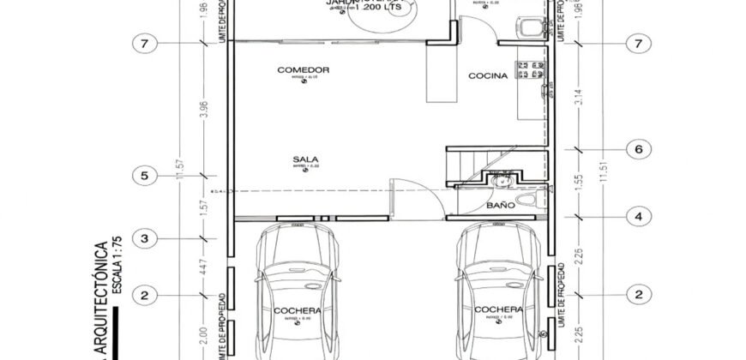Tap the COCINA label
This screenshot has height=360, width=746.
pos(487,75)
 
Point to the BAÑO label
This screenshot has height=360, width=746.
pos(500,206)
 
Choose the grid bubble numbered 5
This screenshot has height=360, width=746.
pos(145,177)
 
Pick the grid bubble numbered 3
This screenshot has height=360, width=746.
pos(145,237)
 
